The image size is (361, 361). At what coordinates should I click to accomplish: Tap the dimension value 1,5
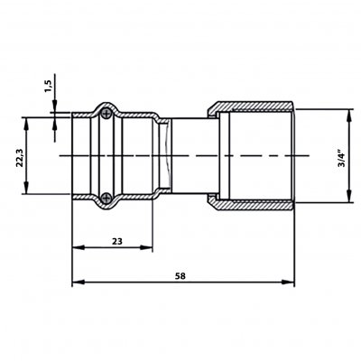tap(49, 87)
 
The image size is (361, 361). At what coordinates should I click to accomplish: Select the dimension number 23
tap(117, 241)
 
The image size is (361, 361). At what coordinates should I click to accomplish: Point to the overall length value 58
tap(180, 276)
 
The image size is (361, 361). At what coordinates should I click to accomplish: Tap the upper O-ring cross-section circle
tap(106, 114)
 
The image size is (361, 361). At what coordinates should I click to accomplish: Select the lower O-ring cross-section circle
tap(106, 198)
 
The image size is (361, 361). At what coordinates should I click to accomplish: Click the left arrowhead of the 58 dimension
tap(78, 282)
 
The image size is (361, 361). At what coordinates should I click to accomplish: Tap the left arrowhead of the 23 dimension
tap(78, 247)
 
